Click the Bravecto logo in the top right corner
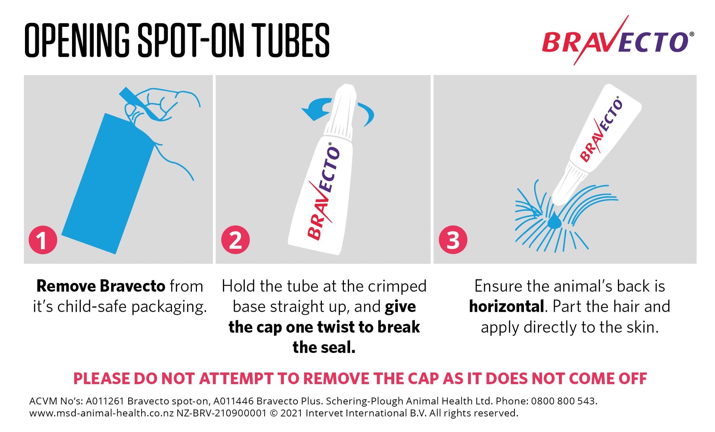[x=618, y=40]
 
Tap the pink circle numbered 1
[x=43, y=240]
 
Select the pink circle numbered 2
[x=235, y=240]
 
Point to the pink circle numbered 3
[x=453, y=240]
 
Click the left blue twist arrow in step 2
[x=317, y=109]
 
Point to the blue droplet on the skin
[x=554, y=221]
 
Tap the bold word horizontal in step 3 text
[x=506, y=307]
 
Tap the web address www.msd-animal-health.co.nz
[x=101, y=413]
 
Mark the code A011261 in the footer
[x=105, y=401]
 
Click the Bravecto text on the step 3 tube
[x=601, y=130]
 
